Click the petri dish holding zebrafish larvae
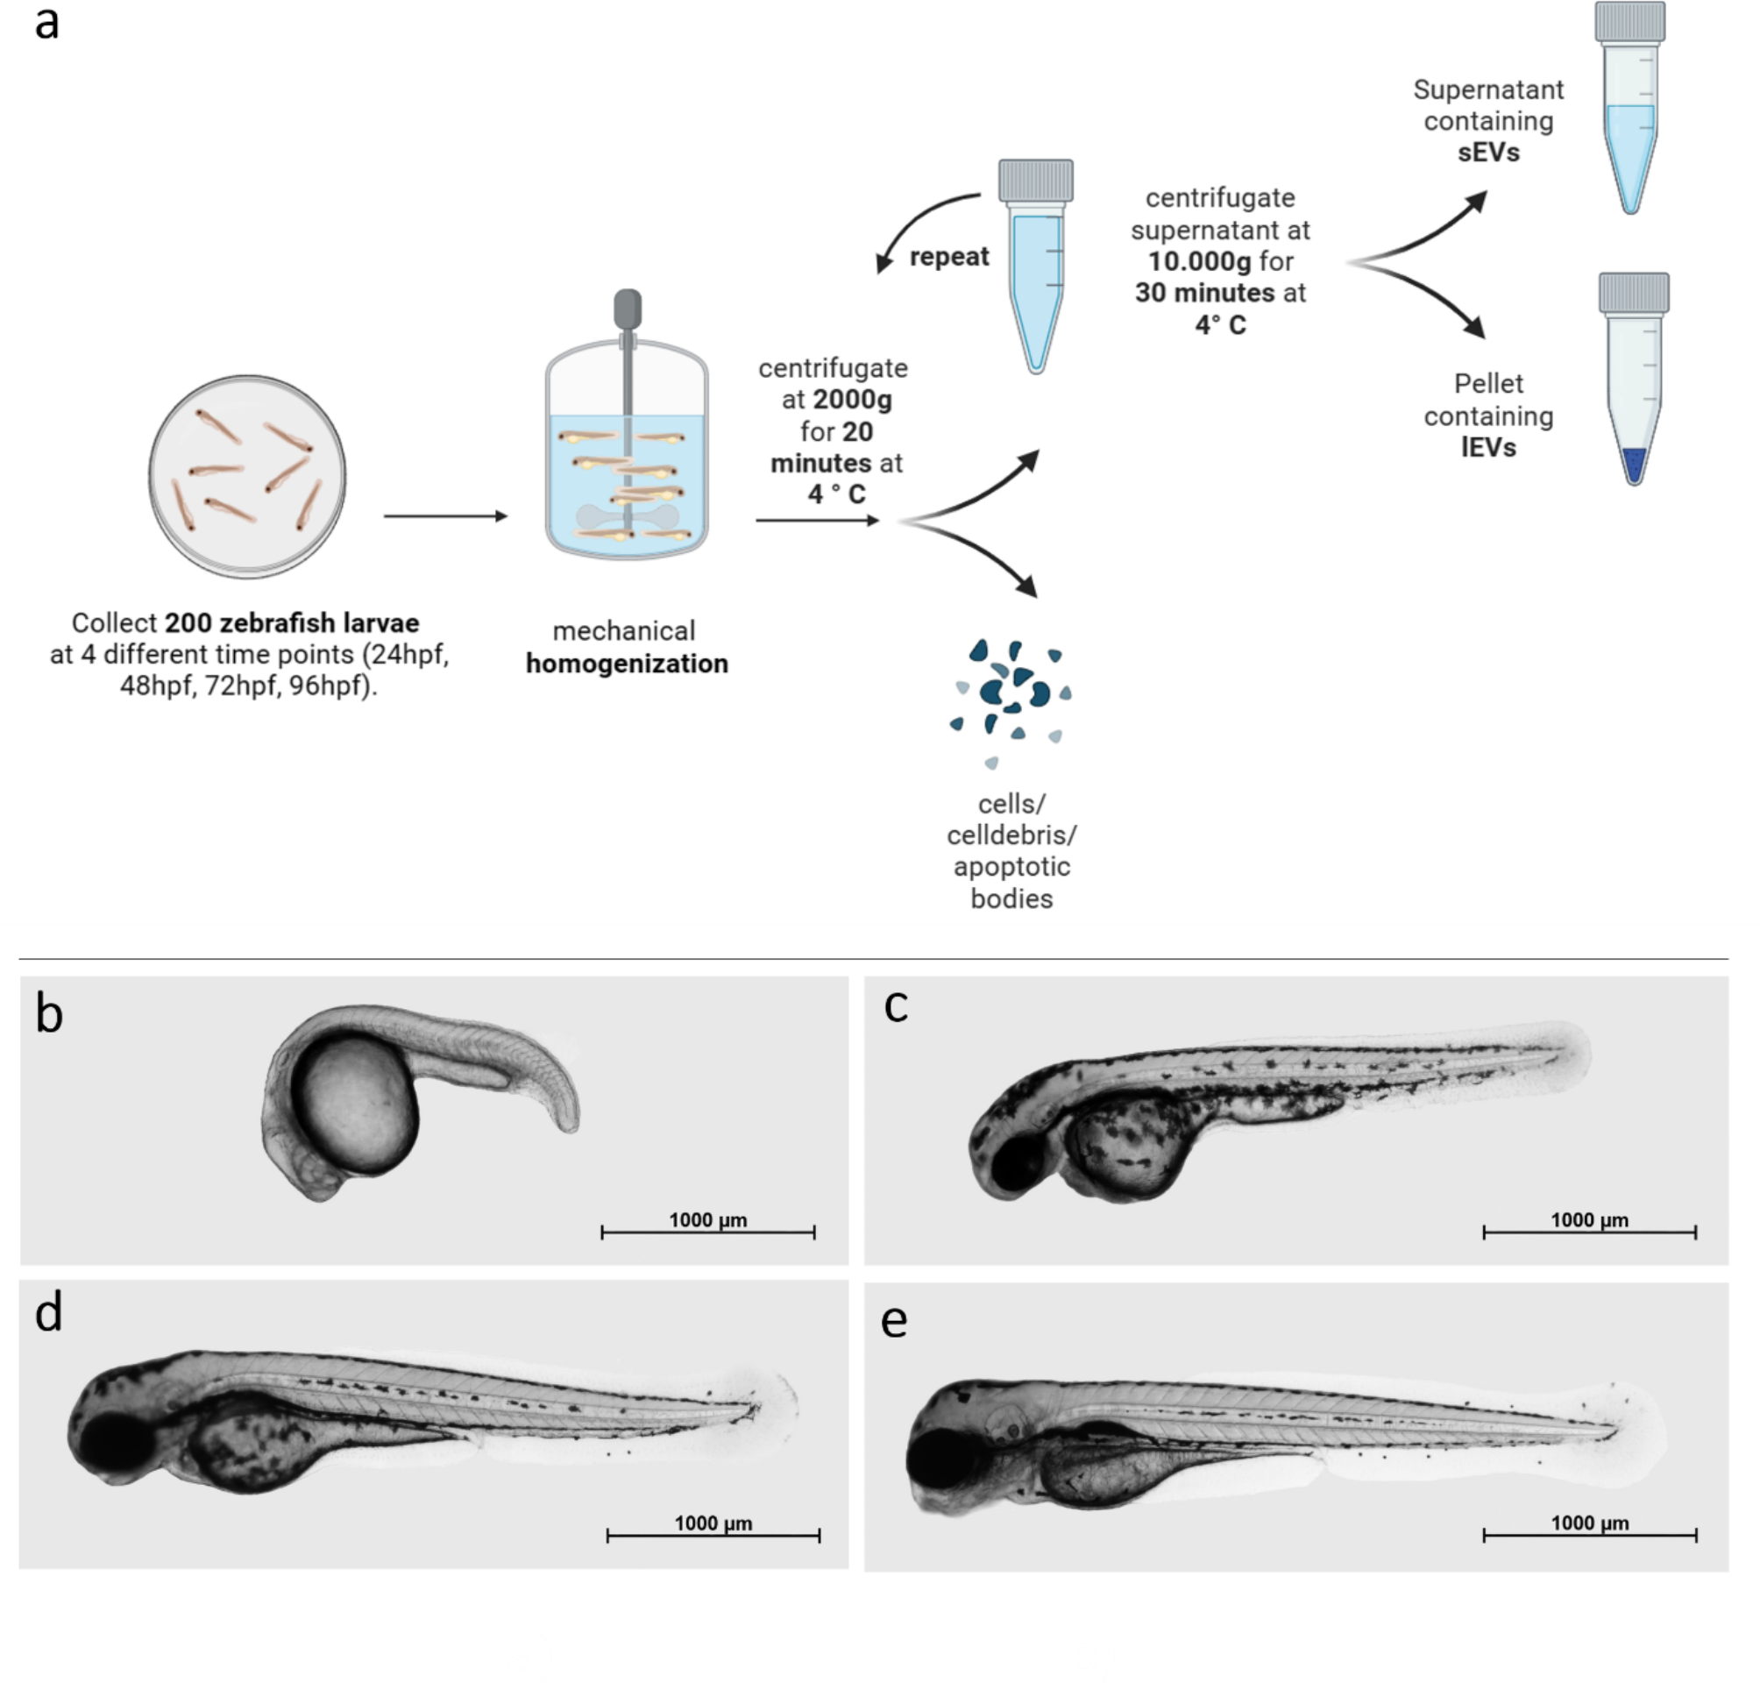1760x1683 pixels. pyautogui.click(x=246, y=475)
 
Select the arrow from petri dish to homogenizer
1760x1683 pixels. pyautogui.click(x=445, y=515)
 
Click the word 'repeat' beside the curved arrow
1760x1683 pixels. pyautogui.click(x=948, y=258)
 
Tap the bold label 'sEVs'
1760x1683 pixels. pyautogui.click(x=1488, y=153)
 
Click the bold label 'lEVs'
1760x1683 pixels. pyautogui.click(x=1488, y=447)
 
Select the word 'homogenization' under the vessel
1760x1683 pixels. pyautogui.click(x=626, y=664)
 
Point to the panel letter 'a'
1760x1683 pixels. pyautogui.click(x=46, y=25)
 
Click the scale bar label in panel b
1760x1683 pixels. pyautogui.click(x=707, y=1220)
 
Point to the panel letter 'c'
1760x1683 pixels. pyautogui.click(x=895, y=1005)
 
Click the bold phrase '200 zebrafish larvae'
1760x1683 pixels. pyautogui.click(x=292, y=622)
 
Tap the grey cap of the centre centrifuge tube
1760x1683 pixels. pyautogui.click(x=1035, y=181)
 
